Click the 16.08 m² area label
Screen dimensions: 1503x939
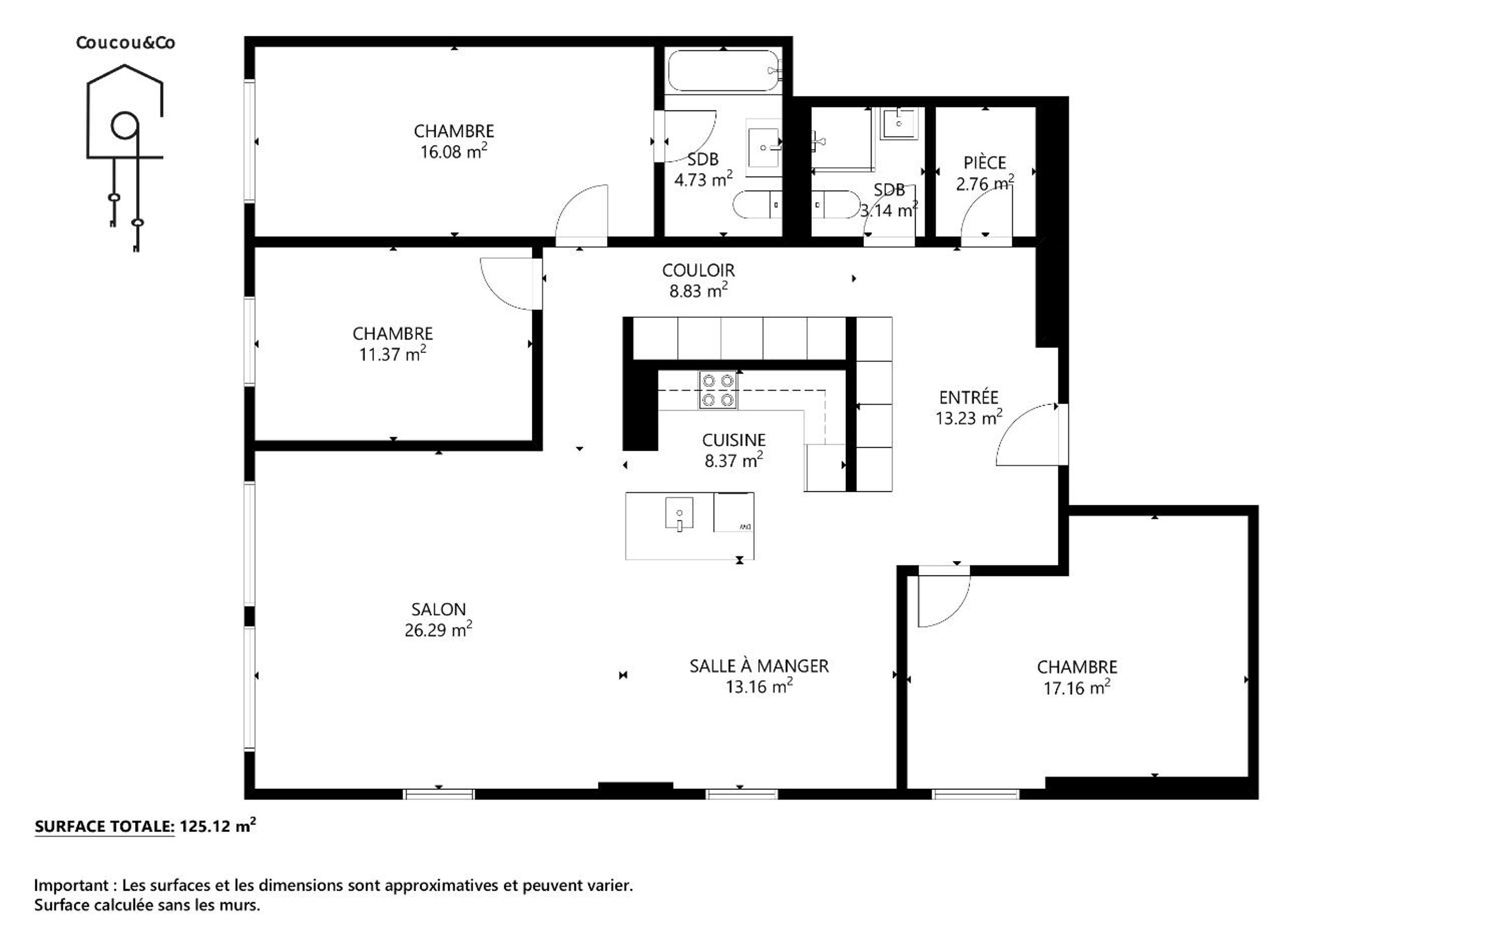(x=454, y=152)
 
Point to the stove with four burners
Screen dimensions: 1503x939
(x=718, y=390)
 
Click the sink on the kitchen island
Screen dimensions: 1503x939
(x=679, y=514)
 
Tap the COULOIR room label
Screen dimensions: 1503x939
(x=699, y=270)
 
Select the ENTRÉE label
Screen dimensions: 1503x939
(x=969, y=397)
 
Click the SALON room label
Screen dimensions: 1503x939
(x=438, y=609)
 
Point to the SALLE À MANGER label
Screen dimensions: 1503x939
(x=759, y=666)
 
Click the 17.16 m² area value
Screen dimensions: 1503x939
(x=1077, y=688)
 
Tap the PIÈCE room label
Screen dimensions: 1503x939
(x=985, y=163)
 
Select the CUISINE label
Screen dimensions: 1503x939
(x=734, y=440)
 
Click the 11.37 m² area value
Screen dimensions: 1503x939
(x=392, y=354)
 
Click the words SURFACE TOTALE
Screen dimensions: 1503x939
(x=104, y=827)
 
